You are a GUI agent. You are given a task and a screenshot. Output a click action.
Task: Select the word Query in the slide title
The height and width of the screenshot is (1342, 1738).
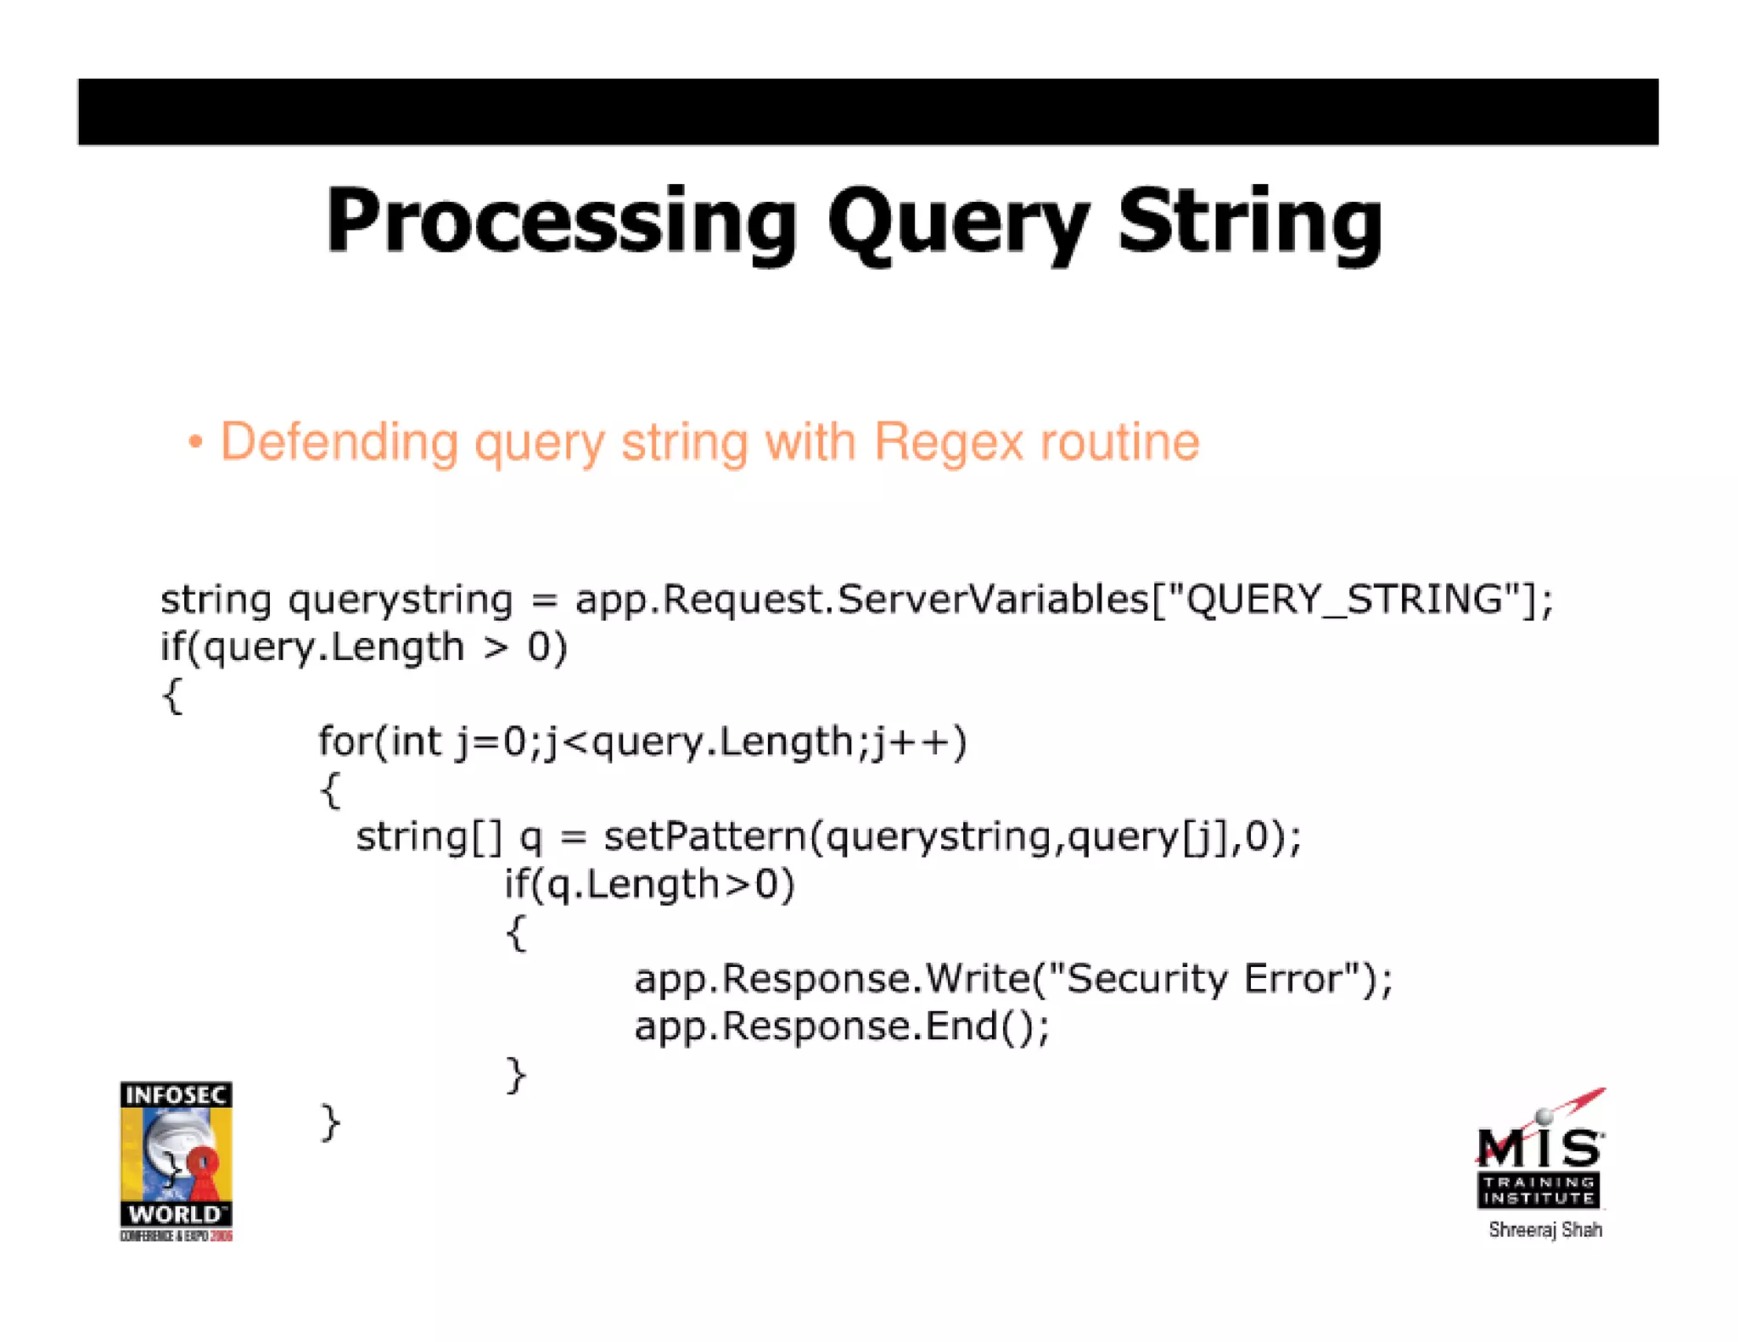pos(959,222)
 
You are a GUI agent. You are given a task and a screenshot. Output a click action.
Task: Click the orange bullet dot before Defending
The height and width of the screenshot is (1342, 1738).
pos(196,442)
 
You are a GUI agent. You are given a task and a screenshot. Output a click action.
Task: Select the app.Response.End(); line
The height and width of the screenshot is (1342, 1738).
pos(842,1026)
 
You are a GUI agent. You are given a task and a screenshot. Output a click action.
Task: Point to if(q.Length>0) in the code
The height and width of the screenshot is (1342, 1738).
pos(649,885)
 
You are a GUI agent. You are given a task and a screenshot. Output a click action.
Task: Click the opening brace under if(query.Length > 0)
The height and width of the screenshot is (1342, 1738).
pos(172,696)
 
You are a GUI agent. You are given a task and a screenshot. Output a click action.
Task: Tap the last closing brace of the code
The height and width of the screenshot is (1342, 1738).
pos(330,1123)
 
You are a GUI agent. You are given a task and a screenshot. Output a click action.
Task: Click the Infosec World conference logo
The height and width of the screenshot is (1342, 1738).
pos(177,1160)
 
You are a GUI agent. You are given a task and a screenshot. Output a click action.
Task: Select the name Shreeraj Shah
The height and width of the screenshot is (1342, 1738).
pos(1545,1230)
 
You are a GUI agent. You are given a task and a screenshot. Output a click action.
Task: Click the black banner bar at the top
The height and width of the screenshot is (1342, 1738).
pos(867,112)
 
